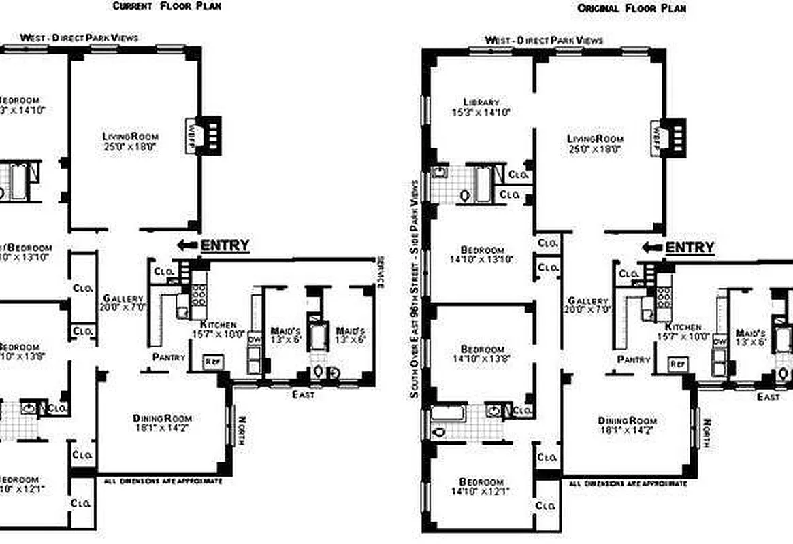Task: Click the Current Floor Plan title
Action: coord(166,6)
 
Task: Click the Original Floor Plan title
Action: coord(632,9)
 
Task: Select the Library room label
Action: coord(481,102)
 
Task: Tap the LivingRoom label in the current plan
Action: coord(130,136)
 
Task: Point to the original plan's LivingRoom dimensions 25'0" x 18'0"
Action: coord(596,149)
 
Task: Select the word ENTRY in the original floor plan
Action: coord(690,248)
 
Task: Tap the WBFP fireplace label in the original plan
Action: coord(657,134)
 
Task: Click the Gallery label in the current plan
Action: coord(123,299)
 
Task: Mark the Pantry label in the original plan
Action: coord(634,358)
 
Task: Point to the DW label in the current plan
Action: coord(254,338)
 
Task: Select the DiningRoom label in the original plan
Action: coord(628,420)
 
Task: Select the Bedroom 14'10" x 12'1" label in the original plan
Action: coord(481,486)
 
